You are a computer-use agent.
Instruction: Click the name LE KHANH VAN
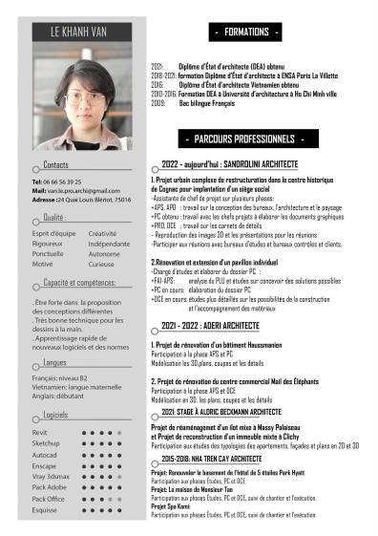coord(83,32)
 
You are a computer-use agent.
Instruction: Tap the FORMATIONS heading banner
coord(247,32)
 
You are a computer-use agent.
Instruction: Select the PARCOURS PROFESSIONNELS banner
coord(247,139)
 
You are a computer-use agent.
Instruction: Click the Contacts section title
coord(50,165)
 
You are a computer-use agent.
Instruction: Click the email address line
coord(76,190)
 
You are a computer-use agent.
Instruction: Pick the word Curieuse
coord(101,264)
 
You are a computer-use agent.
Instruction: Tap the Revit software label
coord(40,433)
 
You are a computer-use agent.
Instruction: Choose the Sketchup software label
coord(46,443)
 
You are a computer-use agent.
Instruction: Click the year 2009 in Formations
coord(158,102)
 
